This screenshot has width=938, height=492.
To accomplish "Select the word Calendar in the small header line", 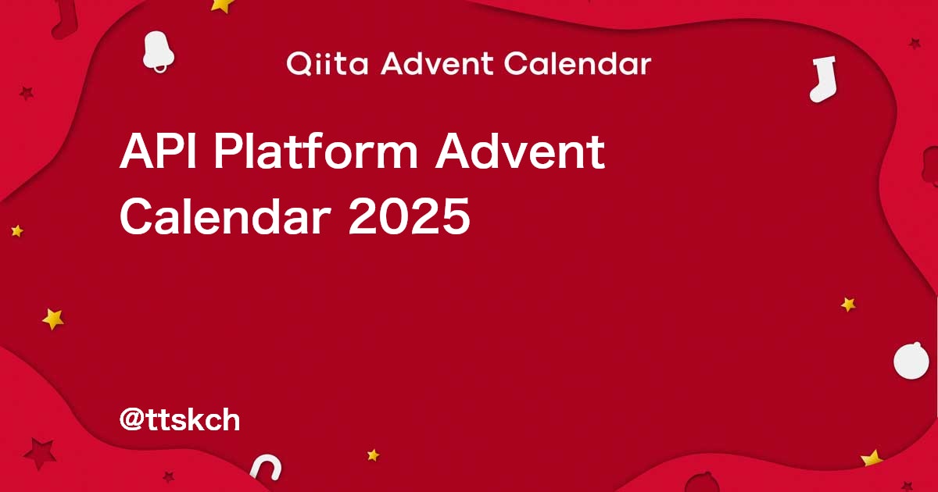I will click(577, 64).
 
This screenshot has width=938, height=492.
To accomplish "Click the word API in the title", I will click(159, 152).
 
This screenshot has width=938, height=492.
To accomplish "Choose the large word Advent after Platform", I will click(520, 152).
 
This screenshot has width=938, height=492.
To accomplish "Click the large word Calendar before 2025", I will click(227, 216).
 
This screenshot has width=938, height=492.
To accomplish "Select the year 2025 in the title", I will click(410, 216).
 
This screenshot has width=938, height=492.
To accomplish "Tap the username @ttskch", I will click(179, 420).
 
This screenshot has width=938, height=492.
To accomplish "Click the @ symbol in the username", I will click(130, 421).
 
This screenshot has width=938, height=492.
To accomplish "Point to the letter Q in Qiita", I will click(298, 64).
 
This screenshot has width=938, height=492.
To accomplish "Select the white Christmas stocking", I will click(822, 78).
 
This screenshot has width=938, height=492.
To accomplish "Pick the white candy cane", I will click(266, 469).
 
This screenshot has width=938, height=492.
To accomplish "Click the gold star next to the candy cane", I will click(373, 455).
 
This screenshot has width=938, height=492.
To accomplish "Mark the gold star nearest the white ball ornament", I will click(848, 304).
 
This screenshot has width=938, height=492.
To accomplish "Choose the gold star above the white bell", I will click(223, 5).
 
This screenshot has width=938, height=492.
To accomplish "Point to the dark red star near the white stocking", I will click(914, 44).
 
